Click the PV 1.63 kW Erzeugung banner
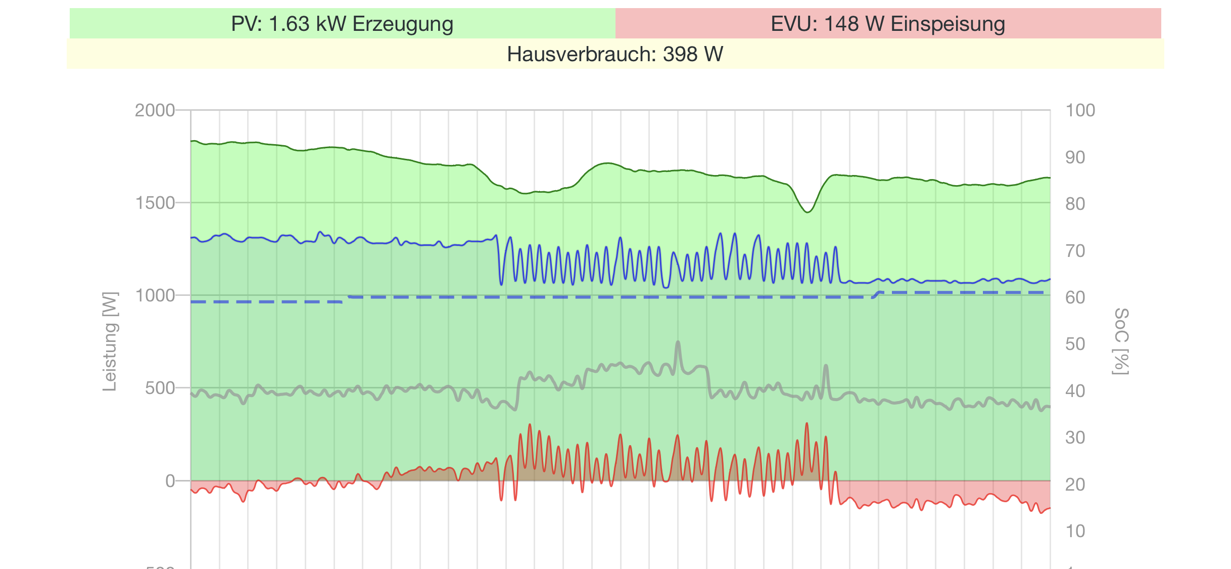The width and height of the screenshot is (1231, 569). (x=342, y=24)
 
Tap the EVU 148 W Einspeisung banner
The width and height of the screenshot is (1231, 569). (x=888, y=24)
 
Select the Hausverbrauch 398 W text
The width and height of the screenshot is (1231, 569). (x=615, y=54)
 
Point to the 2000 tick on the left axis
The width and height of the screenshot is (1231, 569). (x=155, y=110)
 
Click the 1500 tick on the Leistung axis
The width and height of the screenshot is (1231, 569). (x=155, y=203)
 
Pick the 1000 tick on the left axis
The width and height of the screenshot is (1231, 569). (x=155, y=295)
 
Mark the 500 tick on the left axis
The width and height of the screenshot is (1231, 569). (x=160, y=388)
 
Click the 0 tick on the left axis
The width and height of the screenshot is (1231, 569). (x=170, y=480)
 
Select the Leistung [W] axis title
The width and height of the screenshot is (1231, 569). (x=110, y=341)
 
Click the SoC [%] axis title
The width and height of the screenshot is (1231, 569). (x=1121, y=341)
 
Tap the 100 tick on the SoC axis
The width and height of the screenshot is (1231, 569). (x=1080, y=110)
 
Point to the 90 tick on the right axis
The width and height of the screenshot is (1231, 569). (x=1075, y=157)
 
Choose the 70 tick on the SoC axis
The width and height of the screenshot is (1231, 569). (x=1075, y=251)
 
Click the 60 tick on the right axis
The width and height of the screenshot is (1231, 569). (x=1075, y=297)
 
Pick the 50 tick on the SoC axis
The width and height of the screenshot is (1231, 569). (x=1075, y=344)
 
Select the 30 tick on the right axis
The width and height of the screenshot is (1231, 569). (x=1075, y=437)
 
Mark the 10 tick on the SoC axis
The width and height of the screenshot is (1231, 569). (x=1075, y=531)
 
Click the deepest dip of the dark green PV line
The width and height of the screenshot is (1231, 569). (x=808, y=212)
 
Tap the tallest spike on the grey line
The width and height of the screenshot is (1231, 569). (x=678, y=342)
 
